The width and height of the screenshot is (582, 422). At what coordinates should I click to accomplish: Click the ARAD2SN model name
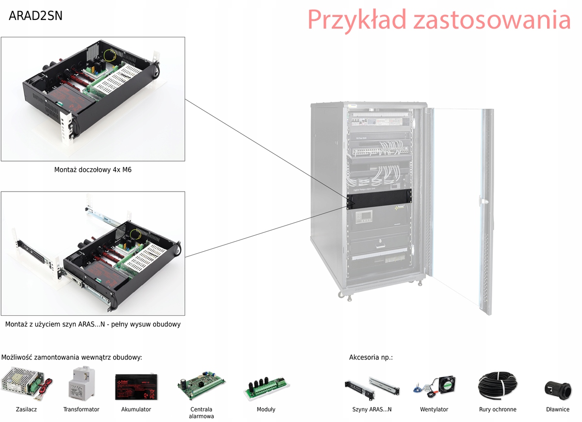point(35,16)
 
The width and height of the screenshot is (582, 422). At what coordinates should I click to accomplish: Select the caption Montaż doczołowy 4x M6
point(92,170)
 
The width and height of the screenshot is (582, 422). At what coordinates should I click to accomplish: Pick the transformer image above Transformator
point(81,384)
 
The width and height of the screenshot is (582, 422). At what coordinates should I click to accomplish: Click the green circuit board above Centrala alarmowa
point(201,386)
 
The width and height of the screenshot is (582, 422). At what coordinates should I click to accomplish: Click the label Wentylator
point(434,409)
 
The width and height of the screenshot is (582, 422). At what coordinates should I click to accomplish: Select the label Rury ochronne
point(498,409)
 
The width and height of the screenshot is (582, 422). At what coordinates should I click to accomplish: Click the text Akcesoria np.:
point(371,357)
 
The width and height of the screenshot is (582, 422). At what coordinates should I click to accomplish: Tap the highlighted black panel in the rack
point(379,196)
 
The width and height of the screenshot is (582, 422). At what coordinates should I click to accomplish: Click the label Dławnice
point(558,409)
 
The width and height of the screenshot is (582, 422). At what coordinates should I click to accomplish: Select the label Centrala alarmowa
point(201,413)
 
